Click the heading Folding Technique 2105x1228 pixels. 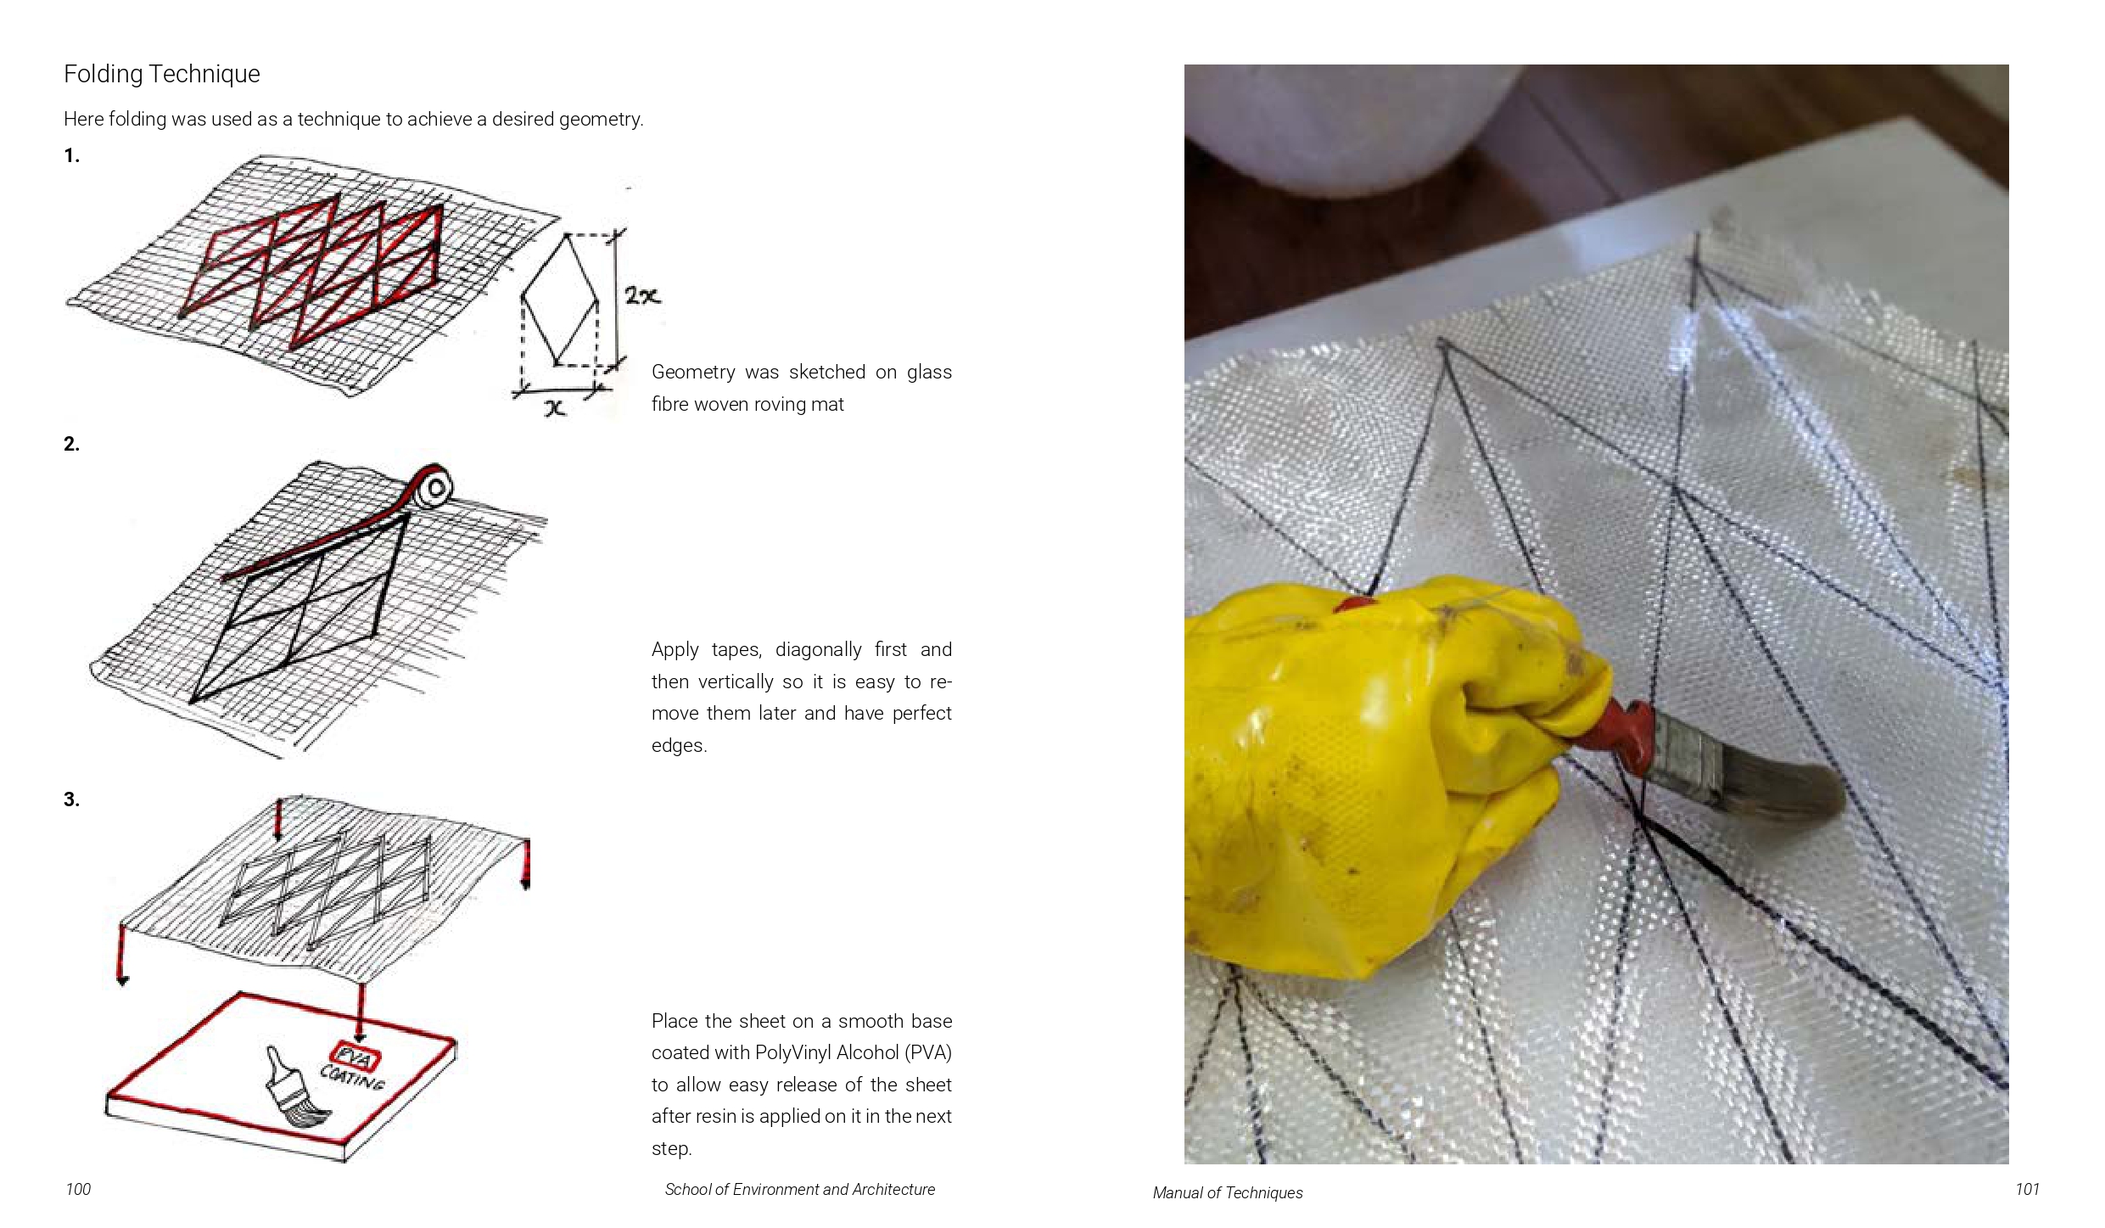coord(162,75)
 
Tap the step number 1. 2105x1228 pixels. coord(71,156)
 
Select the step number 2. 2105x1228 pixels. coord(71,444)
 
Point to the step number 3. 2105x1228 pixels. coord(71,799)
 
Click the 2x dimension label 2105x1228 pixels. coord(642,296)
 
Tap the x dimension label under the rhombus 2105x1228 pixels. coord(554,409)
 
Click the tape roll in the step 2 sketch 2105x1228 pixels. coord(437,486)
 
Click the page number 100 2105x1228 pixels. coord(78,1190)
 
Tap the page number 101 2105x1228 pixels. coord(2027,1190)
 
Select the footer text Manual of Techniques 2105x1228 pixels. coord(1227,1193)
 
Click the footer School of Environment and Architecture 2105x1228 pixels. coord(799,1190)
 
